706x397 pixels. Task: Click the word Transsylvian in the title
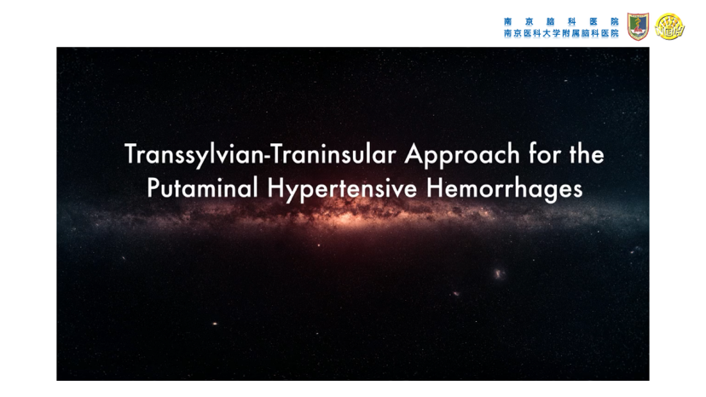pos(194,155)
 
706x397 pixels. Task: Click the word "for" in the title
pos(545,154)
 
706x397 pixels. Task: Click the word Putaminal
pos(202,187)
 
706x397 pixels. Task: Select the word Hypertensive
pos(342,189)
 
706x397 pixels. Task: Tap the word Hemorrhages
pos(504,189)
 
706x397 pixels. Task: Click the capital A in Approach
pos(414,154)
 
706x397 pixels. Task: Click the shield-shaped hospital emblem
pos(638,26)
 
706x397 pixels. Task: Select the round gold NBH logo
pos(669,26)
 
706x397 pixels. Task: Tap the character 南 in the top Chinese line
pos(508,21)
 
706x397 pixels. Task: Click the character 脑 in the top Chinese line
pos(550,21)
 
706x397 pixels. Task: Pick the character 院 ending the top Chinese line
pos(615,21)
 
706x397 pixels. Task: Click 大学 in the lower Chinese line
pos(552,33)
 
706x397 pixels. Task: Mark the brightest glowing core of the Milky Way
pos(347,219)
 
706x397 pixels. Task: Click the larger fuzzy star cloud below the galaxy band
pos(499,273)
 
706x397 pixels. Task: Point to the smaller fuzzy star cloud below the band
pos(455,293)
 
